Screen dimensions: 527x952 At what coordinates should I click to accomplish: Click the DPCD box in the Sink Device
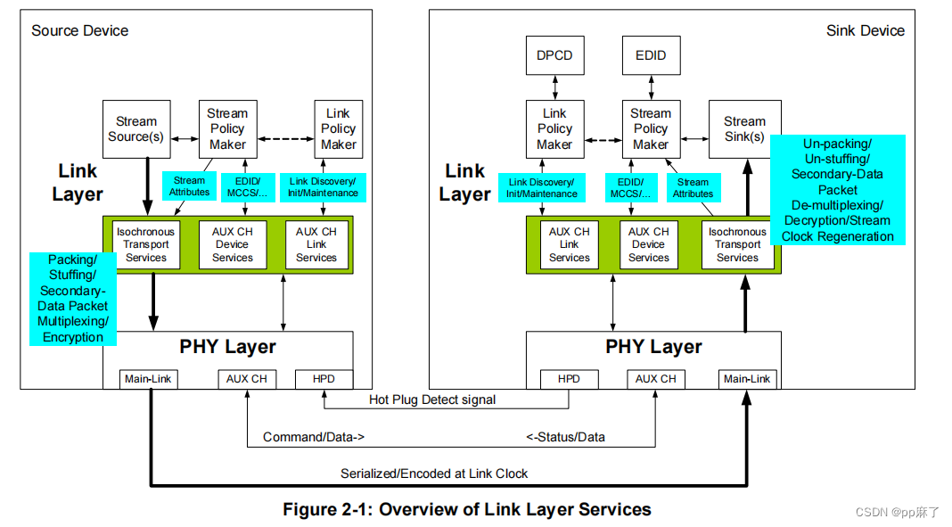pyautogui.click(x=554, y=55)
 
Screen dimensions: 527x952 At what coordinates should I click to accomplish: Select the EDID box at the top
pyautogui.click(x=651, y=55)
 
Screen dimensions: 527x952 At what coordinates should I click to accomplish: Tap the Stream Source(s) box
pyautogui.click(x=136, y=129)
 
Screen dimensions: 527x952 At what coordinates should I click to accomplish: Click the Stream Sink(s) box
pyautogui.click(x=744, y=129)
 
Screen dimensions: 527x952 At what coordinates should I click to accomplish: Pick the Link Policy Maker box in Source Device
pyautogui.click(x=338, y=129)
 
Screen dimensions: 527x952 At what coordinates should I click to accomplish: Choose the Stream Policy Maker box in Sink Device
pyautogui.click(x=651, y=129)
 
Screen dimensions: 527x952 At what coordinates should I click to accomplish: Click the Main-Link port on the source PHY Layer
pyautogui.click(x=149, y=379)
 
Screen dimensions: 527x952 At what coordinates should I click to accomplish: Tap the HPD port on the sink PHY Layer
pyautogui.click(x=569, y=379)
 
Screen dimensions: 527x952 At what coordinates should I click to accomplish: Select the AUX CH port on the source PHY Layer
pyautogui.click(x=247, y=379)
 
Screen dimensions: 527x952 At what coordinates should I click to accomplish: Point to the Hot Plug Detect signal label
pyautogui.click(x=432, y=399)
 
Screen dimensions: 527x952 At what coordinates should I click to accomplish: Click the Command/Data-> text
pyautogui.click(x=314, y=437)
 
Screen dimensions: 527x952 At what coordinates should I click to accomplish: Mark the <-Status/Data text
pyautogui.click(x=565, y=437)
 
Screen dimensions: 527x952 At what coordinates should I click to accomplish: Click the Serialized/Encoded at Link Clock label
pyautogui.click(x=434, y=473)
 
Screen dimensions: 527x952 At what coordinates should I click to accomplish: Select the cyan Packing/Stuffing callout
pyautogui.click(x=73, y=299)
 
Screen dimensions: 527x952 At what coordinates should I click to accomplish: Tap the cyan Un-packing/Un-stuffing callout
pyautogui.click(x=837, y=190)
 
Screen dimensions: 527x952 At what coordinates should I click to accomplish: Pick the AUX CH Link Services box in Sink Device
pyautogui.click(x=570, y=244)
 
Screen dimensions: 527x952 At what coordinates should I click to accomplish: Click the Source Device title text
pyautogui.click(x=80, y=30)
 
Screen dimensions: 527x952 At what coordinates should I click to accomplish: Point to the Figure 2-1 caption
pyautogui.click(x=467, y=510)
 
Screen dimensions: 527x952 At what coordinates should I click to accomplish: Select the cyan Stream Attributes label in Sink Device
pyautogui.click(x=693, y=187)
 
